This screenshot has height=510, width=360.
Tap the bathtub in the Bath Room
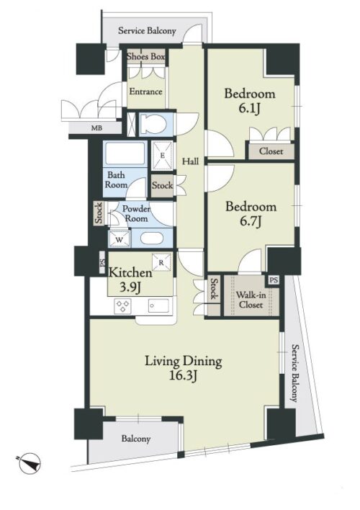125,153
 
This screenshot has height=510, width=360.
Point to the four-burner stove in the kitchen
122,305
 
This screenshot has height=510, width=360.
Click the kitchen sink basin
158,305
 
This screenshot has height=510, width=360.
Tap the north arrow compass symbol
30,462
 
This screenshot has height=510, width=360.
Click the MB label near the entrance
96,128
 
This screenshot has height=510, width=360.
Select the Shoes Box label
145,57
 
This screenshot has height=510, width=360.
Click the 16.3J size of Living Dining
183,376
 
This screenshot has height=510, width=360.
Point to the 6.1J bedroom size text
250,108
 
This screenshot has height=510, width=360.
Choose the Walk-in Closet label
251,300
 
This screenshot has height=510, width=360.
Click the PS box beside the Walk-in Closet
274,280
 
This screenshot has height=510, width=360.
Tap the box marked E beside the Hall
163,156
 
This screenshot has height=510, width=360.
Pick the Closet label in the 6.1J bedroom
271,151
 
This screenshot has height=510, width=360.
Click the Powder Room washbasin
151,238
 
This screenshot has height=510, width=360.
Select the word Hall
190,161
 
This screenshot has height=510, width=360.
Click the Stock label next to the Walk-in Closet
214,289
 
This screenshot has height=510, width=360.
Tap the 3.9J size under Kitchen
130,287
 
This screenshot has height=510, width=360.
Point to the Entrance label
145,91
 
